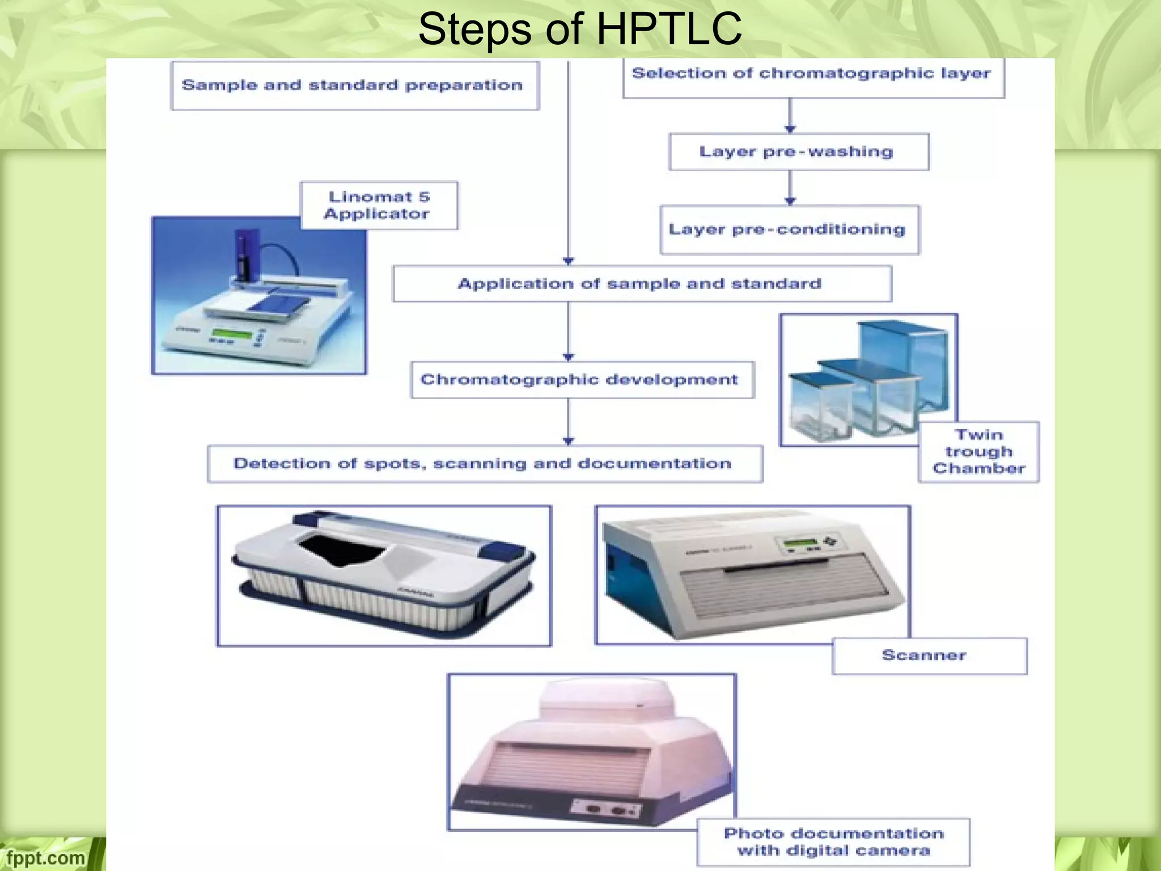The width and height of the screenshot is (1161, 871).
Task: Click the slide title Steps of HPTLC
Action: coord(579,29)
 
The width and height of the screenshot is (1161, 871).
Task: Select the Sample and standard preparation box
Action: coord(354,86)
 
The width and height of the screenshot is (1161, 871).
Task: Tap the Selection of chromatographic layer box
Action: coord(813,77)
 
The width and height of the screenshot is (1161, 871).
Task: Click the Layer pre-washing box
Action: coord(798,152)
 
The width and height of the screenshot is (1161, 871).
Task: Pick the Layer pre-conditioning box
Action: coord(789,230)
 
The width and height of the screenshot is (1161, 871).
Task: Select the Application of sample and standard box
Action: coord(641,284)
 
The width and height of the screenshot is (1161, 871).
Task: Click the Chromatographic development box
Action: coord(582,379)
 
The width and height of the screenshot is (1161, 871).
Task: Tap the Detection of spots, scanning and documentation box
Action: coord(484,464)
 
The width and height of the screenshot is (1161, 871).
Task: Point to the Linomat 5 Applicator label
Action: coord(378,205)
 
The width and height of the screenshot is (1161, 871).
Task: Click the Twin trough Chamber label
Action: coord(978,452)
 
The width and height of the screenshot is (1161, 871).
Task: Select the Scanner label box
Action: coord(929,656)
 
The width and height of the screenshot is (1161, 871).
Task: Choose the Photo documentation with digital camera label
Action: coord(833,842)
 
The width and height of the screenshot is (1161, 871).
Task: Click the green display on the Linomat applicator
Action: coord(231,333)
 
